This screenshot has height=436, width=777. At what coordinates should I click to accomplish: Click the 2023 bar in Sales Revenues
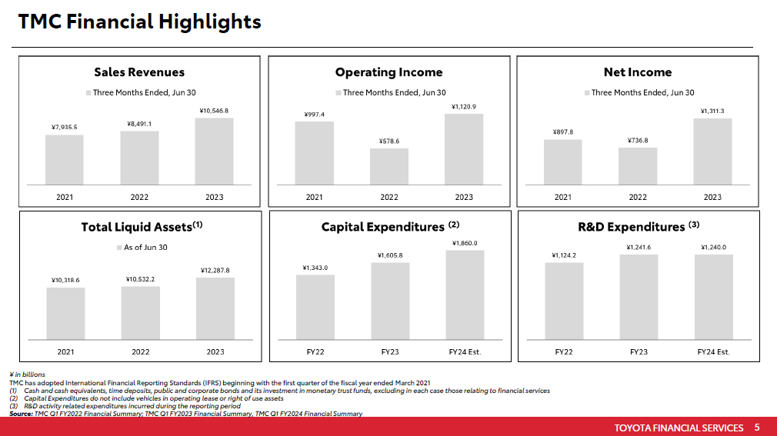click(214, 151)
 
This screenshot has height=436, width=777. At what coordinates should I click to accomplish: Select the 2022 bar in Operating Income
click(388, 166)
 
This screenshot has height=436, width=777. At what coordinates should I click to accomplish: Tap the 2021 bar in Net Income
click(562, 161)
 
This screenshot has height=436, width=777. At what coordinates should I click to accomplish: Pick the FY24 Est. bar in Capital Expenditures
click(465, 295)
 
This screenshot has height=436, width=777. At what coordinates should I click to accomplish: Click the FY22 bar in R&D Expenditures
click(564, 301)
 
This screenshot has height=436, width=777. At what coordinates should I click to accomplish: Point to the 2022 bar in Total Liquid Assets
click(140, 312)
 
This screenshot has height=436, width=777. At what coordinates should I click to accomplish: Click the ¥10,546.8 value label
click(214, 111)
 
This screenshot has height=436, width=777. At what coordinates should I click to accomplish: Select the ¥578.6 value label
click(389, 141)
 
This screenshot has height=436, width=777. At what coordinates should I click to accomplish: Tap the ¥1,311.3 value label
click(712, 111)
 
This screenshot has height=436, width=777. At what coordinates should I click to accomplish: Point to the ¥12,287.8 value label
click(215, 270)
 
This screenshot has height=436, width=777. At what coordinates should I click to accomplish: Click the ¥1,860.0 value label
click(465, 243)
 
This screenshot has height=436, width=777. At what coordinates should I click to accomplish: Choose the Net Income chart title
click(638, 72)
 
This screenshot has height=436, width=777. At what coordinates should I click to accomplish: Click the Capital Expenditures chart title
click(389, 227)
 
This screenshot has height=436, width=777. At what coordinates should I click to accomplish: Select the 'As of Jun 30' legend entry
click(141, 248)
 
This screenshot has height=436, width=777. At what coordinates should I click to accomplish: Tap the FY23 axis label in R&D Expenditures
click(638, 351)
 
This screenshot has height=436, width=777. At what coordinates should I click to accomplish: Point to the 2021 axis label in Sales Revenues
click(65, 197)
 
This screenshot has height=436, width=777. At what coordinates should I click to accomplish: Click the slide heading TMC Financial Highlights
click(139, 22)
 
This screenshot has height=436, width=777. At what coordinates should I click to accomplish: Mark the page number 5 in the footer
click(757, 428)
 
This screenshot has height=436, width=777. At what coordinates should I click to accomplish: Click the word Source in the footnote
click(20, 414)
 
